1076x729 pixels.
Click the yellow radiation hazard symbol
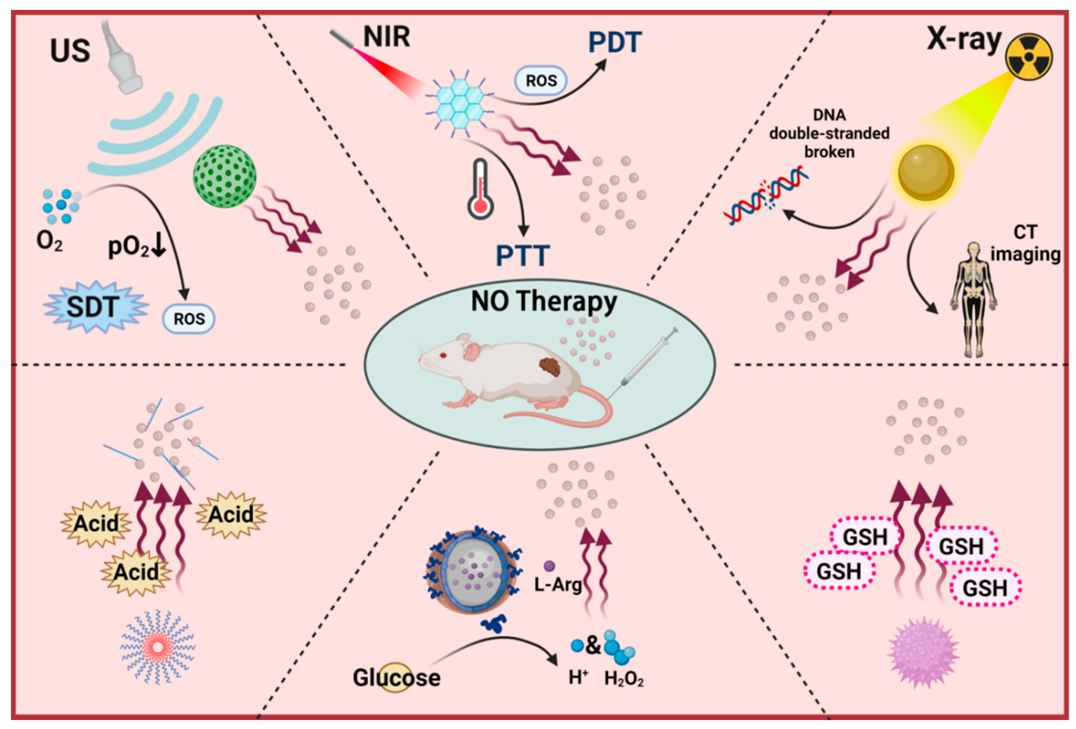[1029, 57]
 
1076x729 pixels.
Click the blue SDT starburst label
[95, 307]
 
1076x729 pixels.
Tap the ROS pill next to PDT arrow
[541, 81]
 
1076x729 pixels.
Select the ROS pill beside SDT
[188, 319]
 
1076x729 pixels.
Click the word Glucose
[396, 678]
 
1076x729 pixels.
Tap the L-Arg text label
[557, 584]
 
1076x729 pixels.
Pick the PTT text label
[523, 256]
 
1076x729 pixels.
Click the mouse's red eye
[443, 356]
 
